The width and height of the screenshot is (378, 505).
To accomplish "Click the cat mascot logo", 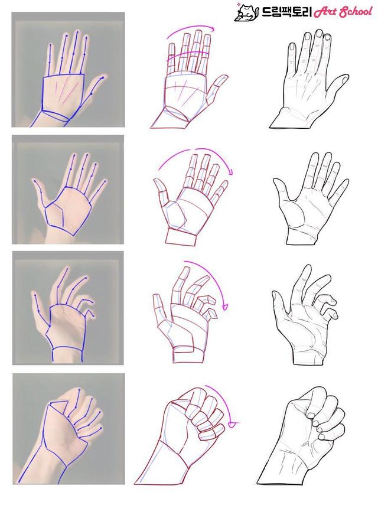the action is [x=246, y=12].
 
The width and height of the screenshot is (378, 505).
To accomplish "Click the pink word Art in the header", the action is [x=325, y=12].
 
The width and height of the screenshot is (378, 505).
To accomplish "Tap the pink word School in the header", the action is [x=355, y=12].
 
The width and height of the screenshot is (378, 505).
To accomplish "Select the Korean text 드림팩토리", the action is [x=286, y=12].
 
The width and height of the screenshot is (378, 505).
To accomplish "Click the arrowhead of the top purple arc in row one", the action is [x=213, y=30].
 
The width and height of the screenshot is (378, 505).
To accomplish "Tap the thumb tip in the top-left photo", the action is [x=103, y=77].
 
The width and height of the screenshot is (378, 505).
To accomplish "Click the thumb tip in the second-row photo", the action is [x=34, y=183].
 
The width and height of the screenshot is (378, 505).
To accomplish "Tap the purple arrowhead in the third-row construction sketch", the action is [x=226, y=306].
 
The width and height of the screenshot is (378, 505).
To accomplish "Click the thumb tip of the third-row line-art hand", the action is [x=275, y=294].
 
